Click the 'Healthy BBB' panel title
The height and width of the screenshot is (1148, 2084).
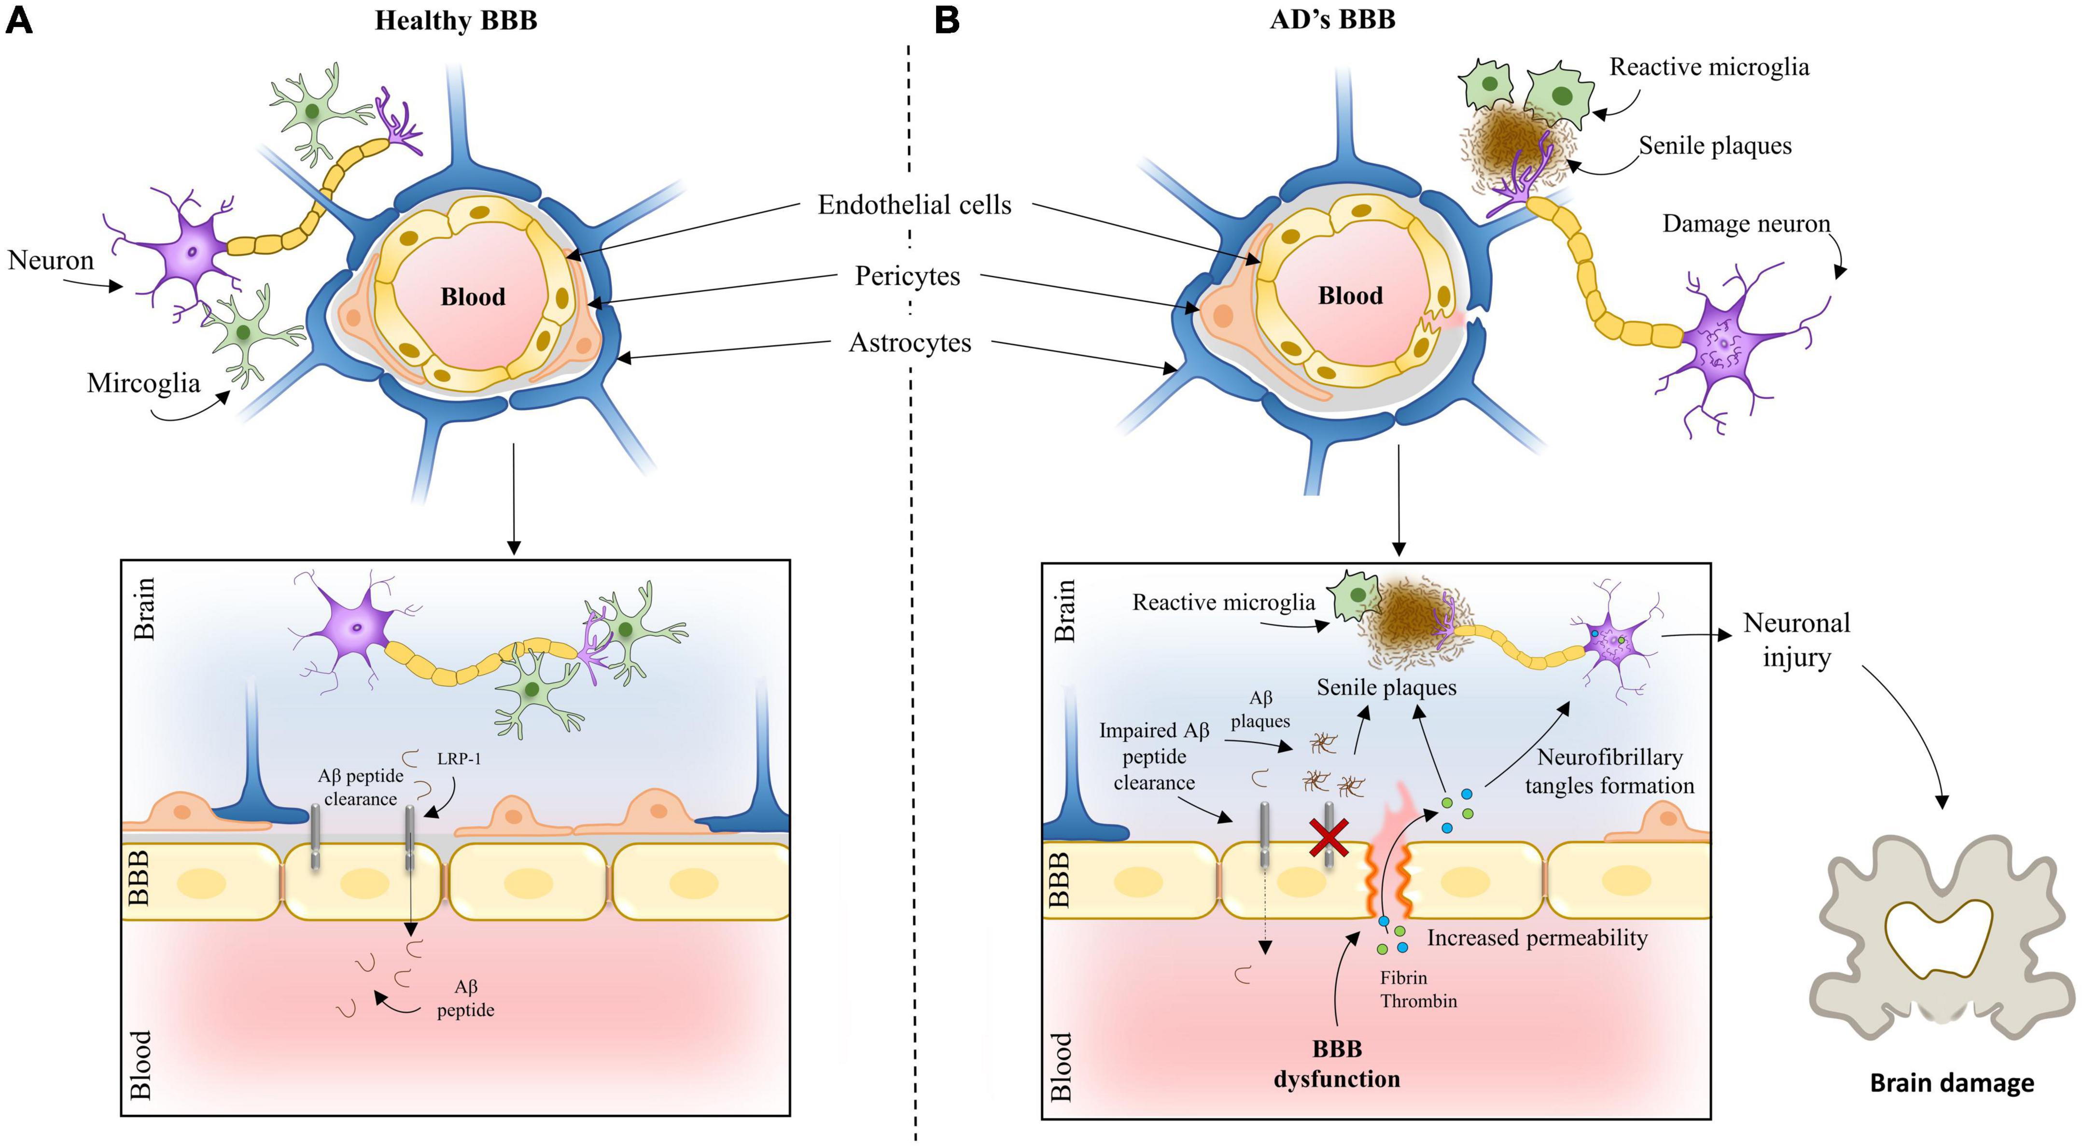(456, 20)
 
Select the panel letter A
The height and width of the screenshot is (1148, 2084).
(19, 19)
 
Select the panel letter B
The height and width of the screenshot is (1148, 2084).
(947, 19)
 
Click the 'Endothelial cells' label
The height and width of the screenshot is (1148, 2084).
(914, 206)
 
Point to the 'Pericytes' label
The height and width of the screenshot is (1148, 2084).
(907, 277)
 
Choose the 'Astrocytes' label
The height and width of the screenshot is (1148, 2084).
(909, 343)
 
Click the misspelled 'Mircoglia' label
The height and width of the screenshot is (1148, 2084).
(143, 383)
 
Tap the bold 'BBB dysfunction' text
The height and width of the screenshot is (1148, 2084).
(1337, 1064)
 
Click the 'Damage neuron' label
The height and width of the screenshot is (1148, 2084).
(1746, 224)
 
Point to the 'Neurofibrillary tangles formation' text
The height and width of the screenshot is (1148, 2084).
(1609, 772)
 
